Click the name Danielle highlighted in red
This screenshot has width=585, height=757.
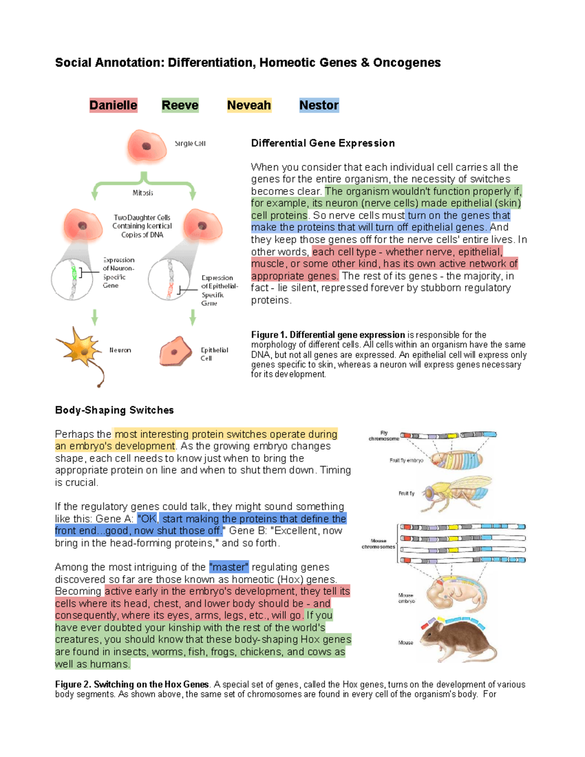(113, 105)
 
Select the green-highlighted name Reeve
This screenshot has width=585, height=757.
(180, 105)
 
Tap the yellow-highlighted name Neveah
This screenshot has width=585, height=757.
(249, 105)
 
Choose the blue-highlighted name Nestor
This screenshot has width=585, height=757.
(319, 105)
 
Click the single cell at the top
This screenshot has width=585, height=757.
(146, 146)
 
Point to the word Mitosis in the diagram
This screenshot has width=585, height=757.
(143, 193)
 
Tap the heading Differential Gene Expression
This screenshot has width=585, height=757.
(323, 143)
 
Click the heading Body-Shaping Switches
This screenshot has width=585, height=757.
(114, 410)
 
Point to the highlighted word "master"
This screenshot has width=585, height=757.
(229, 567)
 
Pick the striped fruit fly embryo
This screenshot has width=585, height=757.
(457, 459)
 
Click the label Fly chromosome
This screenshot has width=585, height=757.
(384, 436)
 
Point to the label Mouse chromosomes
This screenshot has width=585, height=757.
(378, 543)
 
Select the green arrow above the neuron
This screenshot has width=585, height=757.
(95, 317)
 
